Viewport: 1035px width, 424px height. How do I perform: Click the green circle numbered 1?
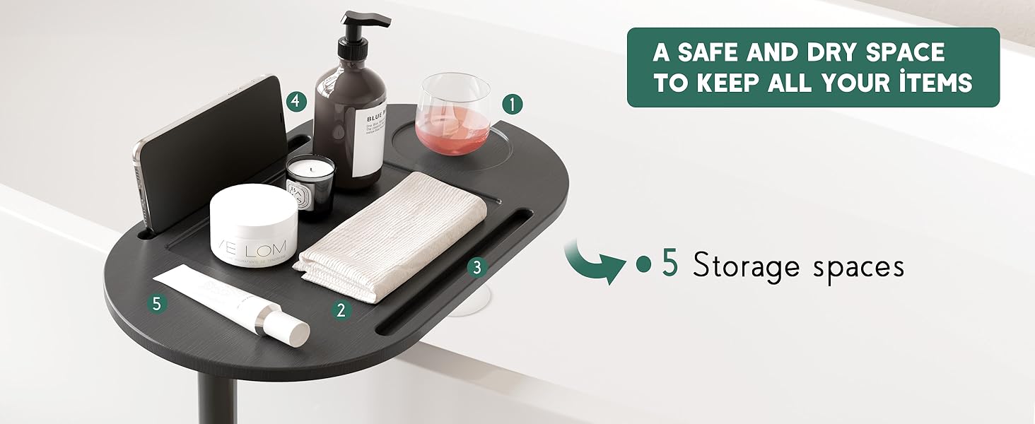pyautogui.click(x=513, y=105)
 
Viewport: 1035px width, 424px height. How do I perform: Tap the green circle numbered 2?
pyautogui.click(x=341, y=309)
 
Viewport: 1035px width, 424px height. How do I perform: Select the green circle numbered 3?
pyautogui.click(x=477, y=267)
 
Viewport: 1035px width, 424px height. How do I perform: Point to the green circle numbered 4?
pyautogui.click(x=297, y=102)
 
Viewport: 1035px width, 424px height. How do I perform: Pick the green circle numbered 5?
pyautogui.click(x=157, y=304)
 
